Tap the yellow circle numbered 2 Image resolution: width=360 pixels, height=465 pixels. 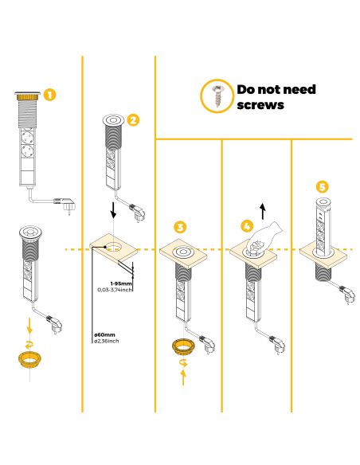pos(133,120)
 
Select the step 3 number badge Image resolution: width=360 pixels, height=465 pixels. pos(182,227)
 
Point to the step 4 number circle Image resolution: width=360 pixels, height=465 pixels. pos(247,227)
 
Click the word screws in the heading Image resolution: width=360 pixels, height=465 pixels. pos(260,104)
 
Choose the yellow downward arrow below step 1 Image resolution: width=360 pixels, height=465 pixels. pos(29,326)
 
